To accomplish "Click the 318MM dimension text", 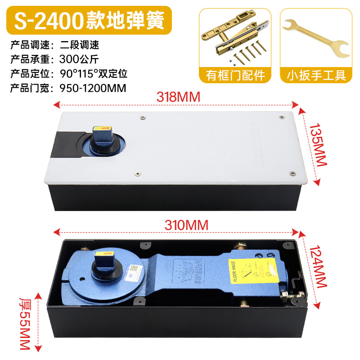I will (178, 97).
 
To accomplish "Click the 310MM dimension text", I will (178, 225).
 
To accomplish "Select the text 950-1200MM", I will (93, 87).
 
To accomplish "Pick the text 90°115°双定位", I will (94, 73).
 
